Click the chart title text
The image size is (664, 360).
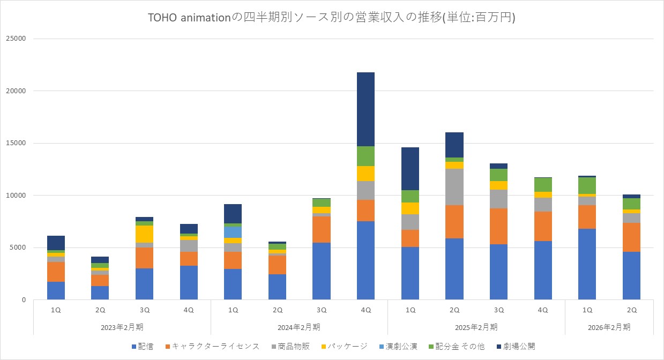[x=332, y=18]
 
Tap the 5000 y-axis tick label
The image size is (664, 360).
[x=19, y=248]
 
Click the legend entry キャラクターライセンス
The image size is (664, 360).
[x=215, y=346]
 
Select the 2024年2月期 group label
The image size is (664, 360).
[x=299, y=327]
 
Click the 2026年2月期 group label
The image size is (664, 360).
[x=609, y=327]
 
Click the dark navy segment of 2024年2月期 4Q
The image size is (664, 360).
[x=365, y=109]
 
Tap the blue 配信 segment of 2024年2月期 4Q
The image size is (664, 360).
[x=365, y=260]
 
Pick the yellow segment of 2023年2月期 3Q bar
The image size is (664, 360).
[x=144, y=234]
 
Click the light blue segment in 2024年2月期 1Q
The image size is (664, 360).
[x=233, y=232]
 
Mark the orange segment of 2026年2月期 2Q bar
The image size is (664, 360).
[x=631, y=237]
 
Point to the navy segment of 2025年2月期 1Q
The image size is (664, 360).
[x=410, y=169]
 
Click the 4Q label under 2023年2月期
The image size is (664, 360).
[x=189, y=310]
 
